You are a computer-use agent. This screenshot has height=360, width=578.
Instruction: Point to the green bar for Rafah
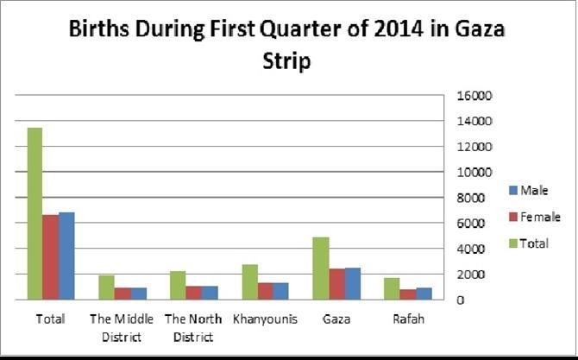click(392, 288)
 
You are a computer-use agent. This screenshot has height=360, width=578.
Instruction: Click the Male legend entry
click(527, 191)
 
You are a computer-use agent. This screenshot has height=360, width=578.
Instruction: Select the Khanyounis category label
click(265, 319)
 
